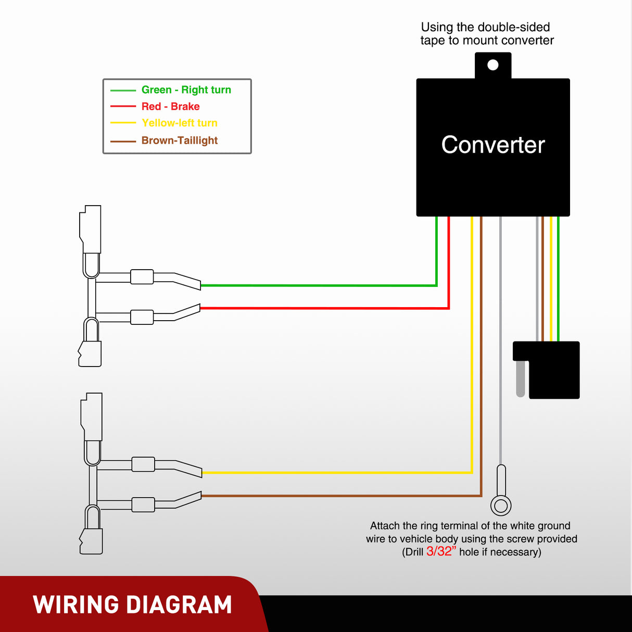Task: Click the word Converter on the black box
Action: [x=493, y=145]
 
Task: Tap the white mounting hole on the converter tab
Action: [x=492, y=65]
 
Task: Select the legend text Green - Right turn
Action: [x=186, y=90]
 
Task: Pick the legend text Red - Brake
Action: [x=170, y=106]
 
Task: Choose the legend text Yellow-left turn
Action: [x=179, y=123]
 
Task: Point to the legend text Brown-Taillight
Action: [x=179, y=140]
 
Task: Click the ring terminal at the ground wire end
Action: [x=501, y=505]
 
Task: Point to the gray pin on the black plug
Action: [x=521, y=378]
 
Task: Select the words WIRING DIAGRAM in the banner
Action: [x=132, y=605]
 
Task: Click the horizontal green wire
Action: [x=318, y=285]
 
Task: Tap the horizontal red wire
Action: [x=323, y=308]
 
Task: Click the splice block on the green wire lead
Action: [x=142, y=276]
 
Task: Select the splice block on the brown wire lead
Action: [x=143, y=504]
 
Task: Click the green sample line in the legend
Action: [x=123, y=90]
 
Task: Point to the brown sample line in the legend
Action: [x=123, y=141]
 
